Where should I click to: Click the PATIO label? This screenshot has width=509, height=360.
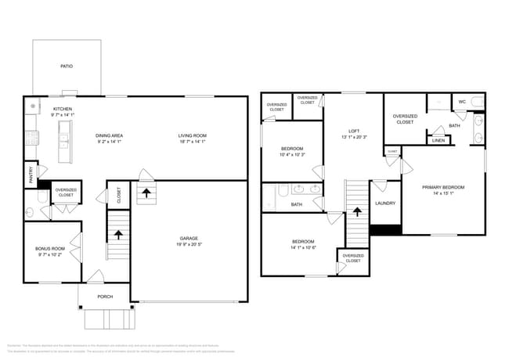point(67,67)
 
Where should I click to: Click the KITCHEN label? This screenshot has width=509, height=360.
point(63,109)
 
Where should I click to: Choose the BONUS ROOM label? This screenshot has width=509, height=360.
point(50,249)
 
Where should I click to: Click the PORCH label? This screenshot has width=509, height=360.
point(104,297)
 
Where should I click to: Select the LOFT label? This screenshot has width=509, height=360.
point(353,131)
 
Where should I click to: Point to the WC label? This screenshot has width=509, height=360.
point(461,102)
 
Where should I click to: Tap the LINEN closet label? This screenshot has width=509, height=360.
point(439,140)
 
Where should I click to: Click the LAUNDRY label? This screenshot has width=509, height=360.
point(385,203)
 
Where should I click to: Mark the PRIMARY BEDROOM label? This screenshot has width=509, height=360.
point(443,187)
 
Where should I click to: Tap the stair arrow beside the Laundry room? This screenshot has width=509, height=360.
point(357,211)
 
